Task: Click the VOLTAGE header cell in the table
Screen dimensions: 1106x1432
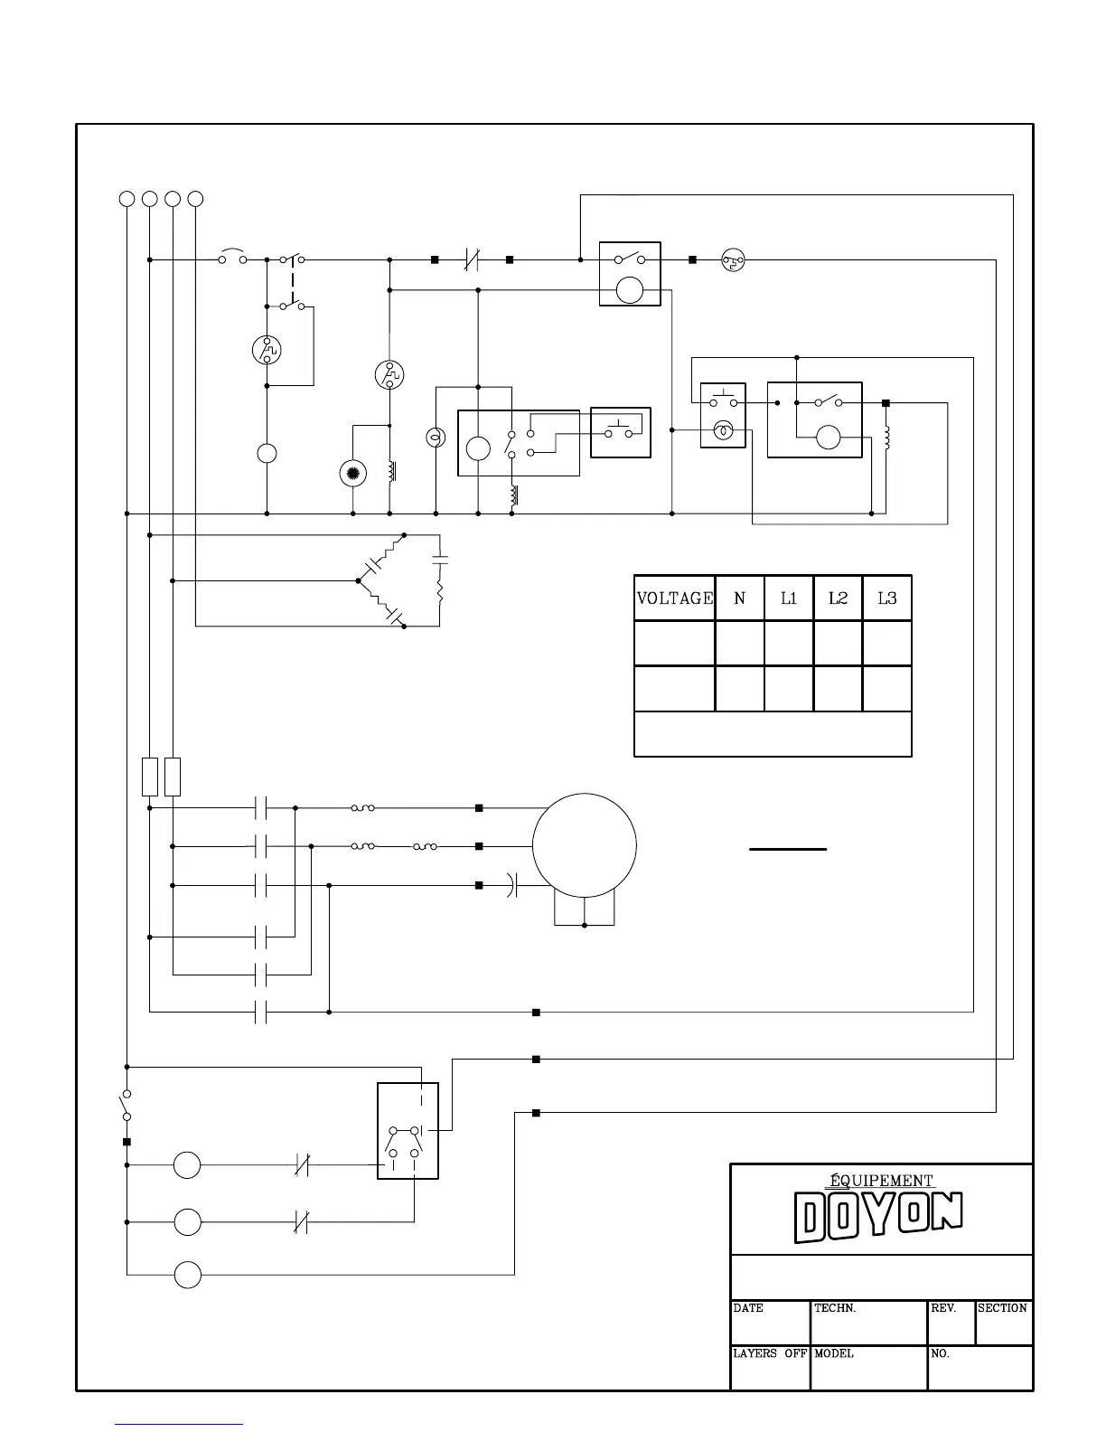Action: pyautogui.click(x=675, y=598)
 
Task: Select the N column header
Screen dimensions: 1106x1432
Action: pyautogui.click(x=740, y=598)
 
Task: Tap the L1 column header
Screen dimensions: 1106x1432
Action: pyautogui.click(x=789, y=598)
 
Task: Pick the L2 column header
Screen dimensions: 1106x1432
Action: pyautogui.click(x=839, y=598)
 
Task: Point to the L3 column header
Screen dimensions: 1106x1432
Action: pyautogui.click(x=887, y=598)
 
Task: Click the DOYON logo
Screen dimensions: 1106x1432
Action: pyautogui.click(x=878, y=1217)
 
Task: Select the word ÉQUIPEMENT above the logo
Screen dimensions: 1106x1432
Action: pyautogui.click(x=881, y=1180)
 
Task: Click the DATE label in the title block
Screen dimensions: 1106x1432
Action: pyautogui.click(x=748, y=1308)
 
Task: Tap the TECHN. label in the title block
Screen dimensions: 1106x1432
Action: pyautogui.click(x=835, y=1308)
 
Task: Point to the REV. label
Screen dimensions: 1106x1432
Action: pyautogui.click(x=943, y=1308)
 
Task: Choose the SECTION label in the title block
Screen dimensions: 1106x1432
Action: pyautogui.click(x=1002, y=1308)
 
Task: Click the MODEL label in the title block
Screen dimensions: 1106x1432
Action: pyautogui.click(x=834, y=1353)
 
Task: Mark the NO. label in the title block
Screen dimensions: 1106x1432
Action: pyautogui.click(x=941, y=1353)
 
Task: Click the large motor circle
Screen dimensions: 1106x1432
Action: pyautogui.click(x=585, y=846)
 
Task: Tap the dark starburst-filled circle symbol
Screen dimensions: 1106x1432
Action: pyautogui.click(x=352, y=473)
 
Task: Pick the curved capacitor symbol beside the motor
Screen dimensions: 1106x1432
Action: pyautogui.click(x=511, y=885)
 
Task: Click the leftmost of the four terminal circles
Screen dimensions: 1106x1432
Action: pyautogui.click(x=127, y=199)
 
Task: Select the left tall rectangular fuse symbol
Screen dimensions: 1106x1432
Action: pyautogui.click(x=150, y=777)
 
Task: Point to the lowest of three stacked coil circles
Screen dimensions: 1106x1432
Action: pyautogui.click(x=187, y=1275)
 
